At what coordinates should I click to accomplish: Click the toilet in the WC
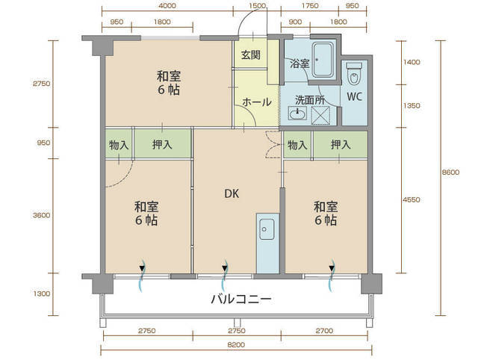point(354,74)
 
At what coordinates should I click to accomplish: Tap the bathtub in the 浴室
point(323,60)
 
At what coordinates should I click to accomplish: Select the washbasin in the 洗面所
point(297,114)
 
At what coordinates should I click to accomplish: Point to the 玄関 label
point(251,55)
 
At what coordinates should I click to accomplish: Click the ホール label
point(257,102)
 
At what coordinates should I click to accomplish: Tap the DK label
point(232,194)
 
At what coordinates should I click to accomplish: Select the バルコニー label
point(241,299)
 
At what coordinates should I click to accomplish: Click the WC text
point(354,96)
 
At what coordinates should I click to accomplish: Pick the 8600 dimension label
point(450,173)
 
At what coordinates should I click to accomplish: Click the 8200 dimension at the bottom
point(236,344)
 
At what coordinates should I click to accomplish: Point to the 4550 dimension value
point(412,199)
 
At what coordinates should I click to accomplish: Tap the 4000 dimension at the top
point(167,6)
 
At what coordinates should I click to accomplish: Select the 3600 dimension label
point(41,215)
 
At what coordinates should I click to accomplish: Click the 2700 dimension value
point(324,331)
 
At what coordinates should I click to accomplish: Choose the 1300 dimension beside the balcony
point(42,294)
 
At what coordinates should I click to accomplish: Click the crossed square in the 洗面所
point(320,115)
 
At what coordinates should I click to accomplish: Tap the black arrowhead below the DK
point(225,268)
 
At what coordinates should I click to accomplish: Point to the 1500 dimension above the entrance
point(257,6)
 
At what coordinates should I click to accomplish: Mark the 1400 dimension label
point(412,63)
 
